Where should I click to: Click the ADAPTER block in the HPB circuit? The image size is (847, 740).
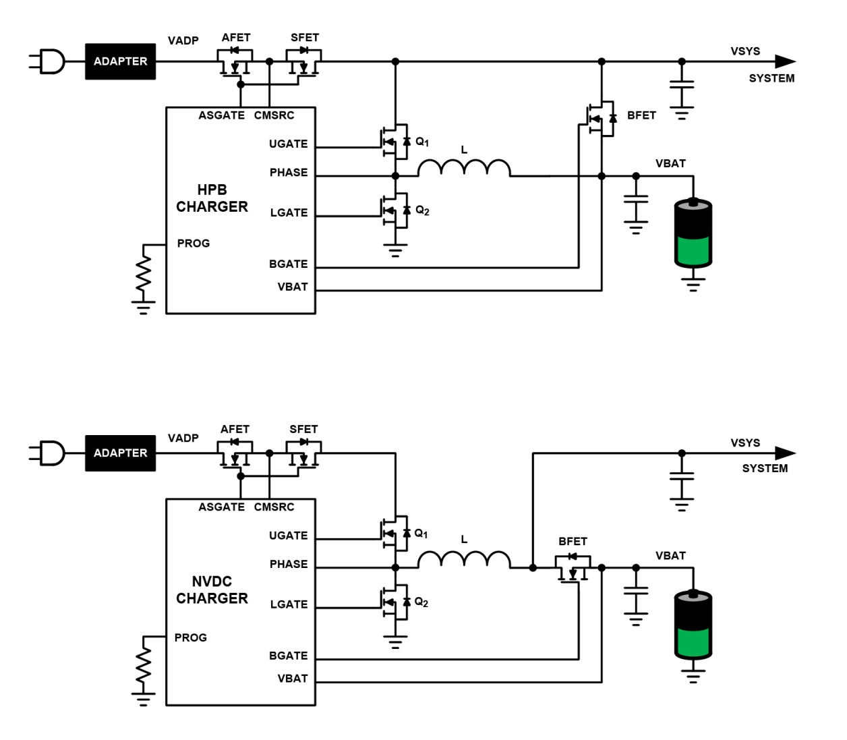tap(120, 61)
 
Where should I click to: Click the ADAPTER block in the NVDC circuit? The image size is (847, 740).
tap(120, 453)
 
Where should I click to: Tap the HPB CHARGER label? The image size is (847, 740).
tap(212, 198)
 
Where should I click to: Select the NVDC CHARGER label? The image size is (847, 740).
tap(212, 590)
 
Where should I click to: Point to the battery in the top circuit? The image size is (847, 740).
tap(693, 233)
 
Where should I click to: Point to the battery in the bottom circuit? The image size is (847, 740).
tap(693, 625)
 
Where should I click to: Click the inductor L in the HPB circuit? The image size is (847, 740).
tap(464, 168)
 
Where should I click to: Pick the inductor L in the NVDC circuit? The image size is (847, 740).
tap(464, 560)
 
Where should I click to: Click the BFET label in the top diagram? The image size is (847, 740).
tap(641, 115)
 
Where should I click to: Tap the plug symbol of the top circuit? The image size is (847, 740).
tap(49, 61)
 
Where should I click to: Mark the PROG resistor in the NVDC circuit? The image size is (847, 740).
tap(143, 667)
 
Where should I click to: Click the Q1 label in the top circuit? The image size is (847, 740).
tap(422, 142)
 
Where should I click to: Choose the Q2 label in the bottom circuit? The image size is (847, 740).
tap(421, 602)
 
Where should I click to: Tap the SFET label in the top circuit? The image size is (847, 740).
tap(304, 38)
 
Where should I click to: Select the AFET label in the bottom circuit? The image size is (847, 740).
tap(235, 429)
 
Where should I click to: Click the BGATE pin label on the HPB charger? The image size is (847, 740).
tap(288, 264)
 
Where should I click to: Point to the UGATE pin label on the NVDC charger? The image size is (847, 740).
tap(288, 536)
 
